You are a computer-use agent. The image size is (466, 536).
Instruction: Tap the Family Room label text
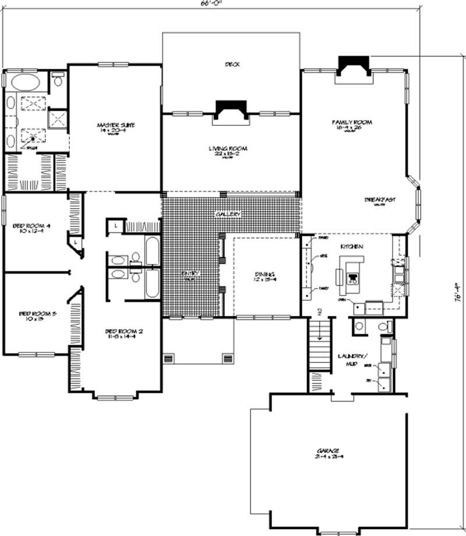(352, 122)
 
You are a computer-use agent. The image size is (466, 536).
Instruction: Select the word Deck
(232, 64)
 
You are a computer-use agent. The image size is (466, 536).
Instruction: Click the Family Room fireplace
(354, 64)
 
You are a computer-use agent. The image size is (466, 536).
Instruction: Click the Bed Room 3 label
(37, 314)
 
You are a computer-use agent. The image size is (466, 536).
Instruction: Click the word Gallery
(228, 214)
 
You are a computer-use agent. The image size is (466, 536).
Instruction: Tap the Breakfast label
(380, 199)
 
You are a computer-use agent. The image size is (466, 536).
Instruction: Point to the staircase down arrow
(319, 312)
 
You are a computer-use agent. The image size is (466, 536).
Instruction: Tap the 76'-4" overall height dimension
(458, 291)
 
